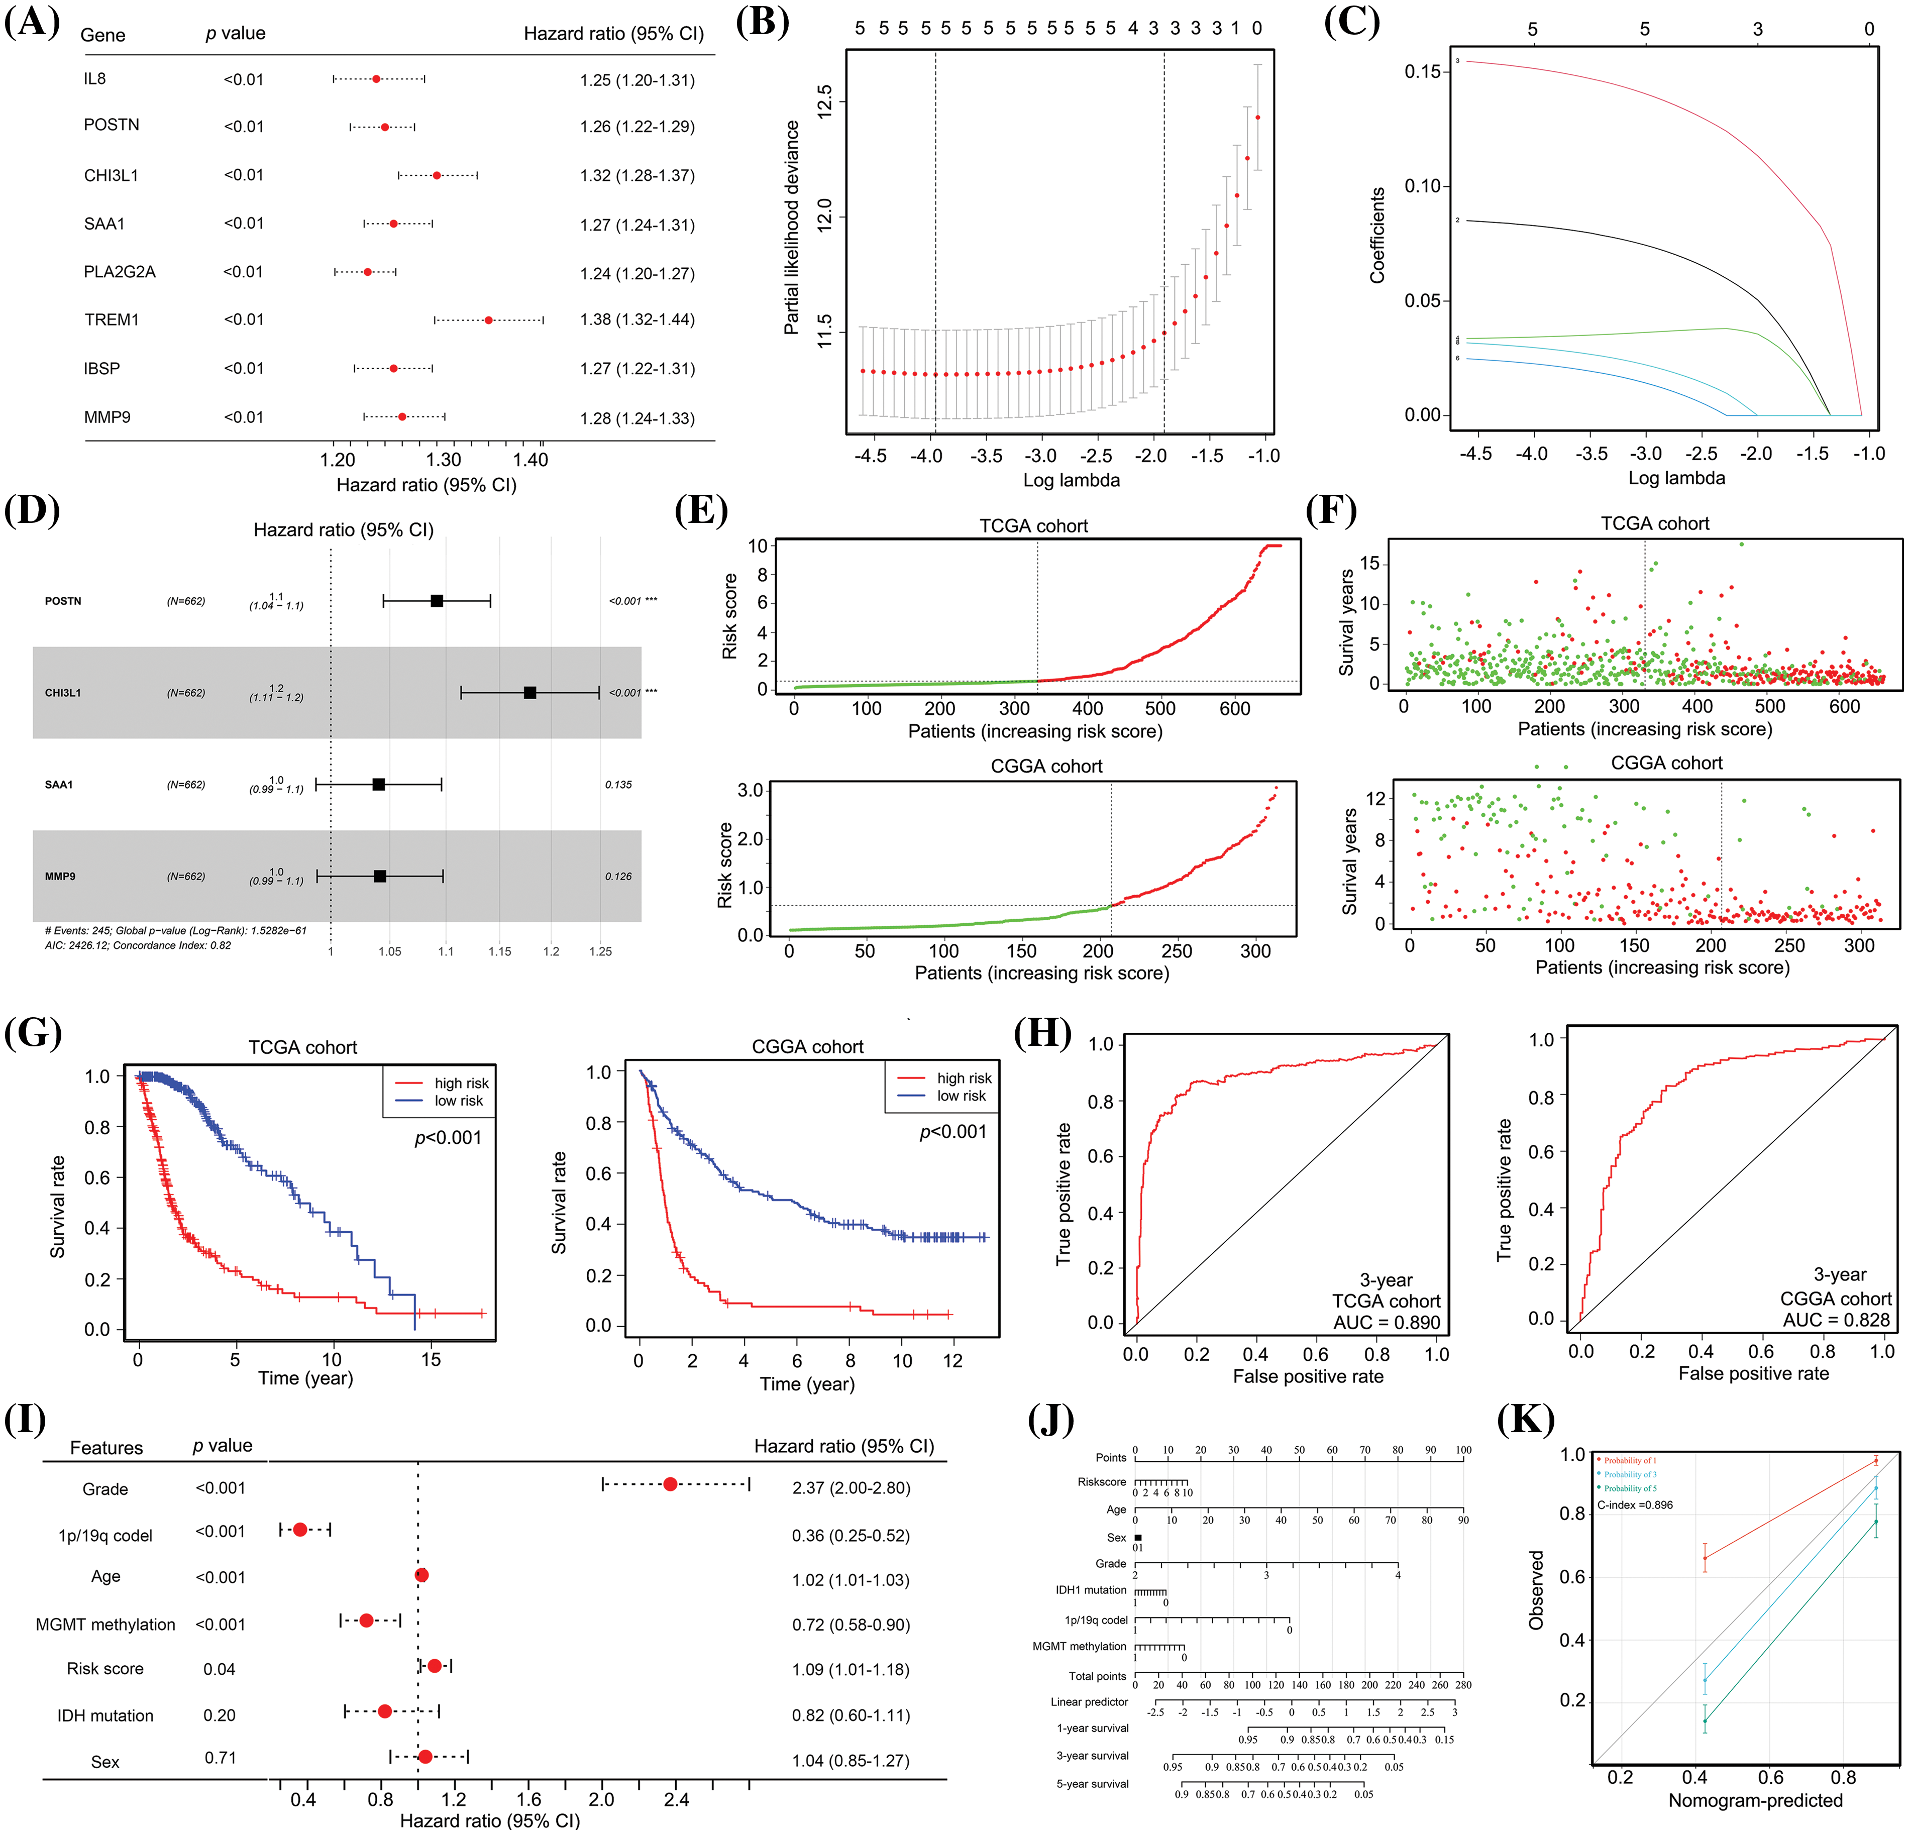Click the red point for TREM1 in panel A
488,319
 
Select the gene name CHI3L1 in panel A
111,175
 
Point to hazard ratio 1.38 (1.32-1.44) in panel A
637,319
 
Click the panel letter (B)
763,22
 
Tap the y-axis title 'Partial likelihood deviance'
792,228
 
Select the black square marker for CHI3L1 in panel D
530,693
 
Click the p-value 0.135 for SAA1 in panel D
618,784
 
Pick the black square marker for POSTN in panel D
438,601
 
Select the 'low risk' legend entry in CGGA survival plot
962,1096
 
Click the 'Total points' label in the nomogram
1098,1676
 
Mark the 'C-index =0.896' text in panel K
1635,1505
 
